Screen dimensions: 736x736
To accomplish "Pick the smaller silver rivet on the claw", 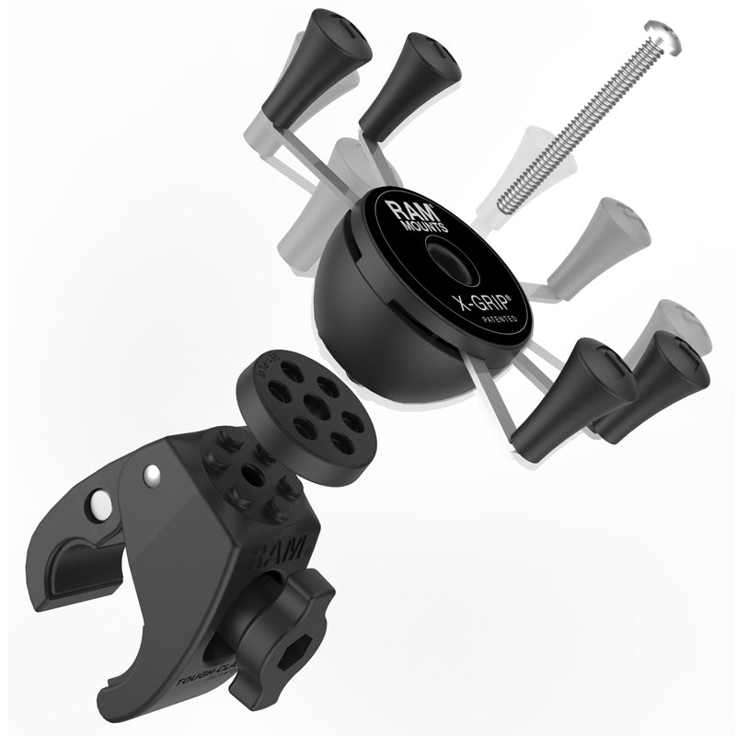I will (x=151, y=474).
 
